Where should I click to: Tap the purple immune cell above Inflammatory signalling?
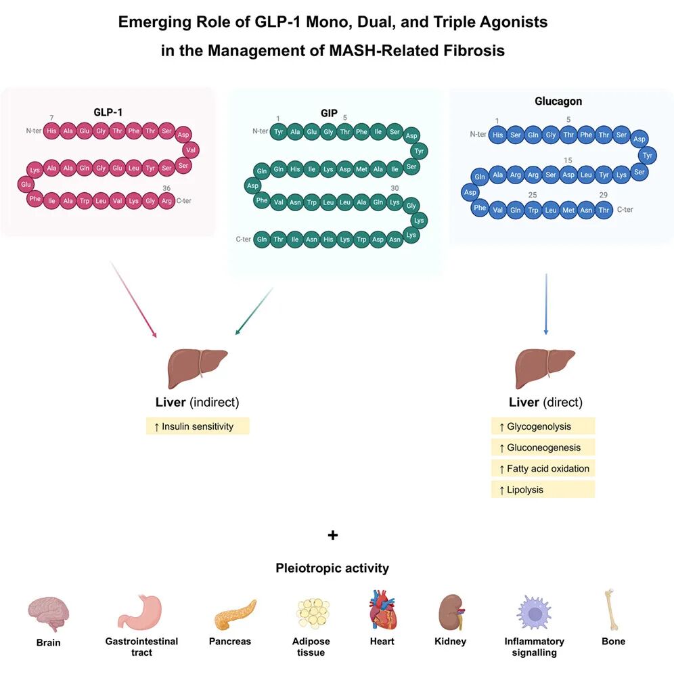[534, 613]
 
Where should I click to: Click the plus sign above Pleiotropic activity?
[333, 535]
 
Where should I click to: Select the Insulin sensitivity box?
[198, 426]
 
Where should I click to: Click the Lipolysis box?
[543, 489]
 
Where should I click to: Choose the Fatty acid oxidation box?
[543, 468]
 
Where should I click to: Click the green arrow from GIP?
[254, 311]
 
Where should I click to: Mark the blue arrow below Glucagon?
[546, 304]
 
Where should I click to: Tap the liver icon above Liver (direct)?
[545, 368]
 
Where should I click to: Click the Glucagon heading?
[558, 101]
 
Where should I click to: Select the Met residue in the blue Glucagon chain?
[568, 210]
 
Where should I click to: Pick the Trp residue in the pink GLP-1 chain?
[84, 201]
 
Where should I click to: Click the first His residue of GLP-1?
[51, 131]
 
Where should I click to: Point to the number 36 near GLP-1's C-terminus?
[166, 188]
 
